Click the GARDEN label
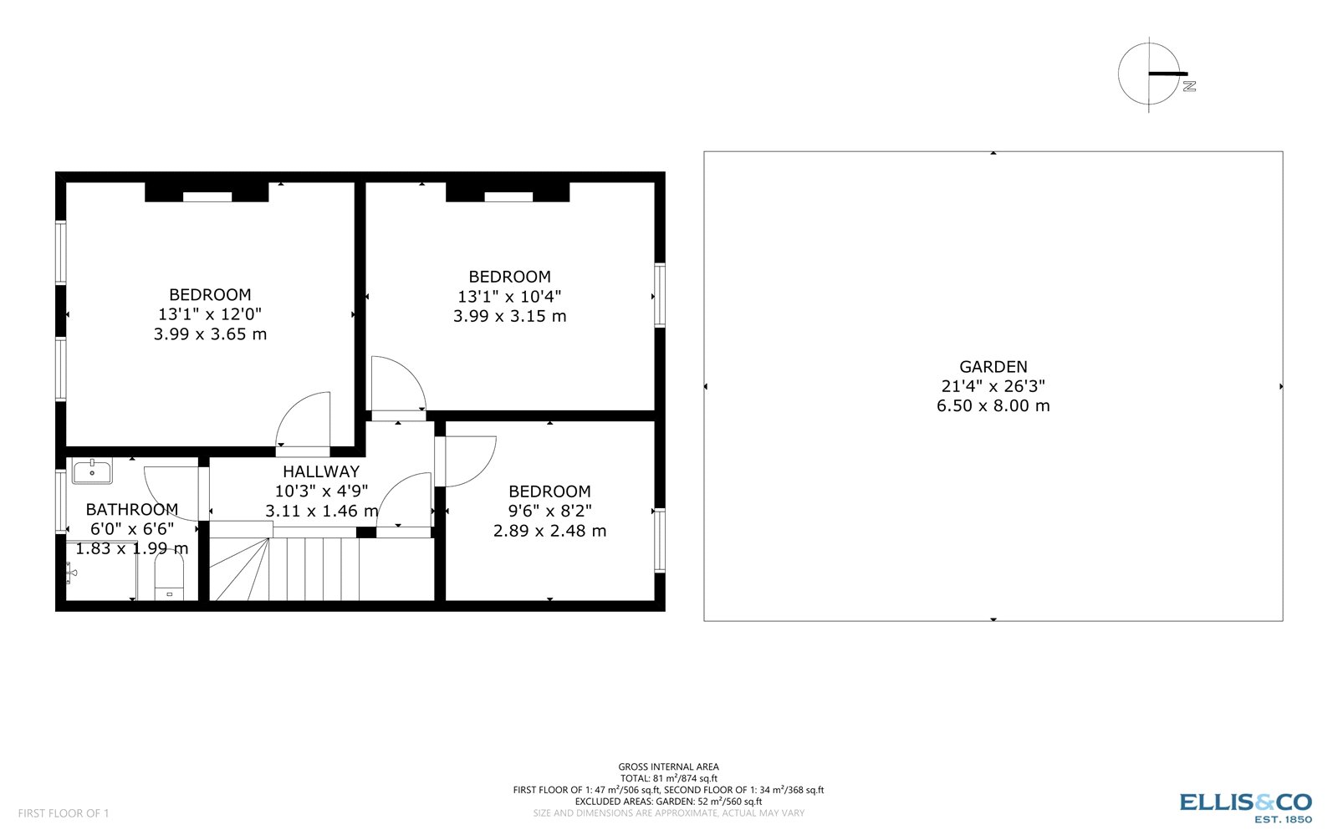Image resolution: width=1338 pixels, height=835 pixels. (993, 366)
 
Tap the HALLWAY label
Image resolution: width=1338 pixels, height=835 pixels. (321, 471)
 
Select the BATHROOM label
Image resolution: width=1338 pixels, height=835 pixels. (132, 509)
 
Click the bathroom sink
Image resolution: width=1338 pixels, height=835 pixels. (92, 471)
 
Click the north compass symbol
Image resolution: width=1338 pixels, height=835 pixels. (1151, 74)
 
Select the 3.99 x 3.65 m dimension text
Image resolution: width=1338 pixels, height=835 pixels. (210, 334)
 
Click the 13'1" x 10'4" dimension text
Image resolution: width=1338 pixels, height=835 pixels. (509, 297)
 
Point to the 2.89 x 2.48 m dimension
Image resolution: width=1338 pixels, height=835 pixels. (549, 531)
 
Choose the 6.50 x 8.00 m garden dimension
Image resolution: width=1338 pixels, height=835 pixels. (993, 406)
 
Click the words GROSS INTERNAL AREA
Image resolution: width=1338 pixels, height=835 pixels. (668, 766)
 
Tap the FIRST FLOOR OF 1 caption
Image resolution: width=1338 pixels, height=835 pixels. (64, 813)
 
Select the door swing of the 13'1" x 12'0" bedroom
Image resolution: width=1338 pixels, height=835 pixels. (306, 421)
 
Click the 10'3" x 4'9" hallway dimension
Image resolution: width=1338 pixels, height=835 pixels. (321, 491)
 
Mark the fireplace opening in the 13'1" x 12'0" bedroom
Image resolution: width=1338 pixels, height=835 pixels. (207, 197)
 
